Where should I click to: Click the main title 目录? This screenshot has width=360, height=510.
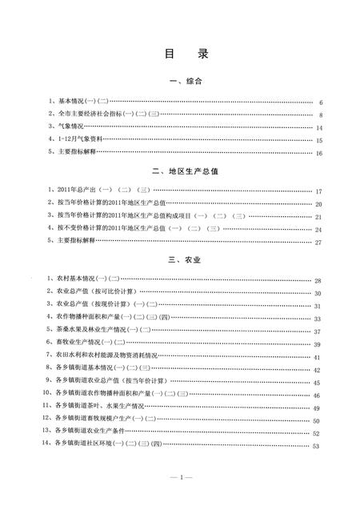click(x=180, y=54)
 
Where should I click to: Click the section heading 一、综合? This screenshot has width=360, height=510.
click(x=180, y=82)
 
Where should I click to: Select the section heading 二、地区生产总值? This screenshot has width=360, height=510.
click(x=180, y=171)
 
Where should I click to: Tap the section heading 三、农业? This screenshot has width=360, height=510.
click(x=180, y=261)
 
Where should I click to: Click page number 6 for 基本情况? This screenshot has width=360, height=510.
click(x=320, y=103)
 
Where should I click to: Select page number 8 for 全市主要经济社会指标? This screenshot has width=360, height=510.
click(x=320, y=115)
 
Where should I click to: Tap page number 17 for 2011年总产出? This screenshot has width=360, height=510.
click(x=318, y=192)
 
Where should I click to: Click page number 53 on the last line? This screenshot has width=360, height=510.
click(x=318, y=446)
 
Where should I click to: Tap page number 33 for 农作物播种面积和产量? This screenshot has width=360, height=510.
click(x=318, y=319)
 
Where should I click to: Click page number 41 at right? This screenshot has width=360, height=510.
click(x=318, y=357)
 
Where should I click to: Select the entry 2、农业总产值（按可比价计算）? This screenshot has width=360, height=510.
click(x=92, y=293)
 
